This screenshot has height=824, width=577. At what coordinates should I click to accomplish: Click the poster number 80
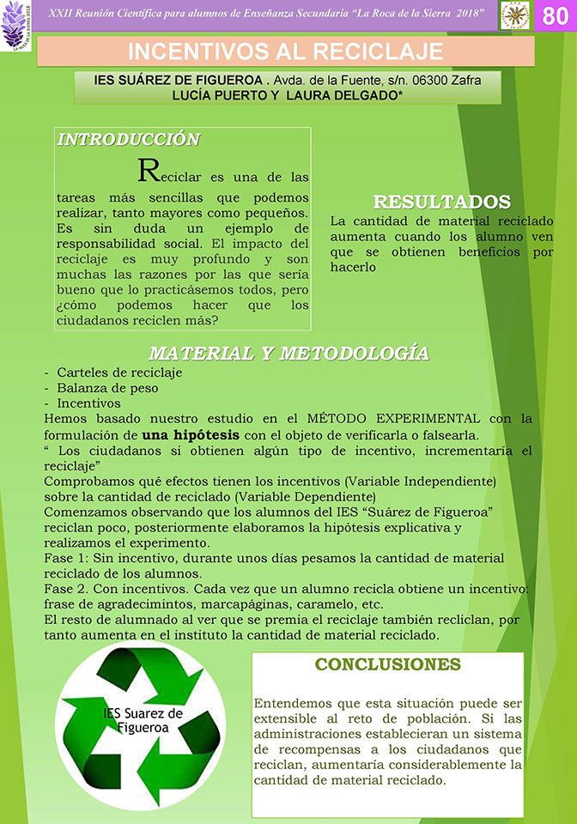[556, 16]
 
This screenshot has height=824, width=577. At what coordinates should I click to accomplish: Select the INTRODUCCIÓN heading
[128, 139]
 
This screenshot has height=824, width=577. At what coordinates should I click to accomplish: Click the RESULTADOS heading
[441, 202]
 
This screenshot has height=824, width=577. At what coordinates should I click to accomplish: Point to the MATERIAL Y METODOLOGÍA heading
[288, 354]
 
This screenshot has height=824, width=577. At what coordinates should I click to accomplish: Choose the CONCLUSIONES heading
[388, 664]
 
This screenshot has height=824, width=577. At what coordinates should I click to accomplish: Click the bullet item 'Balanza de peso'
[106, 387]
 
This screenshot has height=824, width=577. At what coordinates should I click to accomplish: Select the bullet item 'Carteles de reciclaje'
[119, 373]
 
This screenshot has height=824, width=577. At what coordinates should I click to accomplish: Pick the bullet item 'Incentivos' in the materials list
[89, 402]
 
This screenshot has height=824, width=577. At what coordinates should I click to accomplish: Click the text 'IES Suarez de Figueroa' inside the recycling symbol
[143, 720]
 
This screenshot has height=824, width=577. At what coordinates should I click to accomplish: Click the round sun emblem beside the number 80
[516, 15]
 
